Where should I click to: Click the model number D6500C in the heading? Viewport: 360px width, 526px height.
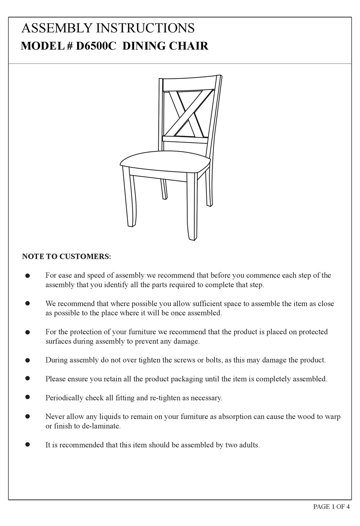[95, 46]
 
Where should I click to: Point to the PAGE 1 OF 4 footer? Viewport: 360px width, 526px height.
[331, 507]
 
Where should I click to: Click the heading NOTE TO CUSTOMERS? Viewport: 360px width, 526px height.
[67, 257]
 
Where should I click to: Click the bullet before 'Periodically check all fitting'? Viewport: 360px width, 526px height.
[27, 397]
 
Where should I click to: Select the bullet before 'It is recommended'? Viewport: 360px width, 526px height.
[27, 444]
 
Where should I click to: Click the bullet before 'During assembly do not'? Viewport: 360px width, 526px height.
[27, 360]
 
